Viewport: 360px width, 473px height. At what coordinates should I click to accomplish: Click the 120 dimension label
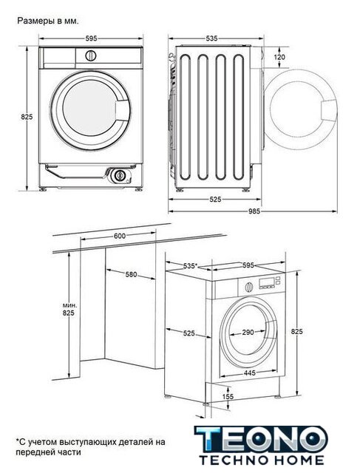pos(279,57)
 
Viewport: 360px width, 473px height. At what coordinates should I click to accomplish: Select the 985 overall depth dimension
pos(254,211)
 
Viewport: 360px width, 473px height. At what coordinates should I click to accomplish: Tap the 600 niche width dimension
pos(120,236)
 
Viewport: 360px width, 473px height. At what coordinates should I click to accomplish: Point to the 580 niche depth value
pos(131,274)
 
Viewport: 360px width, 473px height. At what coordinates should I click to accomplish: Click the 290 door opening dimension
pos(248,332)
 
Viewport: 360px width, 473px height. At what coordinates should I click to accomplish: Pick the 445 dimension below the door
pos(250,372)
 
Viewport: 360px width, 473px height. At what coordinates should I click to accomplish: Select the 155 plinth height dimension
pos(228,396)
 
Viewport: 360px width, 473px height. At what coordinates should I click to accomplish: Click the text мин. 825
pos(69,309)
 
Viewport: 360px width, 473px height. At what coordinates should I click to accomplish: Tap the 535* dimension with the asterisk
pos(190,266)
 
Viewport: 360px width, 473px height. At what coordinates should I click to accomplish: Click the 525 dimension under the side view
pos(215,200)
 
